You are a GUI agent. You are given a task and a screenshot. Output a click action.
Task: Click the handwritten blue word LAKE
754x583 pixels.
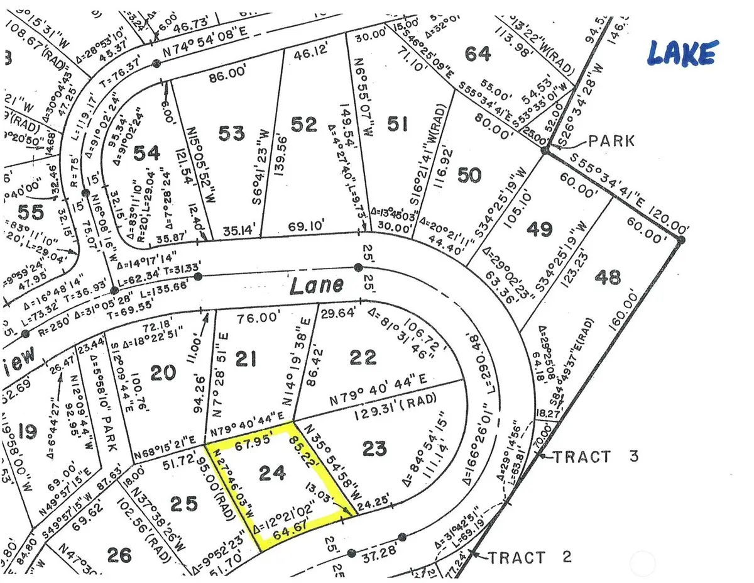(681, 53)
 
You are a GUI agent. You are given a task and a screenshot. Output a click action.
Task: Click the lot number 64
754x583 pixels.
(478, 53)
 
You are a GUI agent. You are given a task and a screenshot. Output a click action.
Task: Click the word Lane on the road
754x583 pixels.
(317, 285)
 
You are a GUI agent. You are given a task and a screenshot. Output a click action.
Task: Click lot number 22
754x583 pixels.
(363, 357)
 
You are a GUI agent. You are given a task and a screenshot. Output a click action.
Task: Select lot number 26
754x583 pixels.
(119, 555)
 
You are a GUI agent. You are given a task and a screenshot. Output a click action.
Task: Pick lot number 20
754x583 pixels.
(164, 373)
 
